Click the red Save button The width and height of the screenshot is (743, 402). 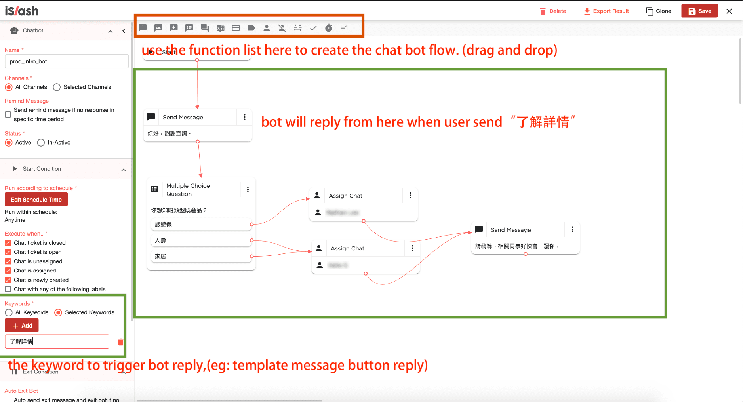(x=699, y=11)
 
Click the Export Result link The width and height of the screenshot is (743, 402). (x=606, y=11)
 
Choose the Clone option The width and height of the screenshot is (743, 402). (x=658, y=11)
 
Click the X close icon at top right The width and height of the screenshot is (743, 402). (x=729, y=11)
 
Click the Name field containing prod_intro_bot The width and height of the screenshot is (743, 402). (x=67, y=61)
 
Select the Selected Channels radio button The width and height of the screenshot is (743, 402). (x=57, y=87)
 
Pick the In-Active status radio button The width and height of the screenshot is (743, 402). (x=41, y=143)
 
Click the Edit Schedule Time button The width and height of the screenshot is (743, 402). (x=36, y=200)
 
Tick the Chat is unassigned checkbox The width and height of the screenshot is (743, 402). (x=8, y=261)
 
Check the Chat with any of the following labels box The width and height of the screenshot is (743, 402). (x=8, y=289)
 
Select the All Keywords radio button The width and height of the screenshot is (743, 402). (x=9, y=312)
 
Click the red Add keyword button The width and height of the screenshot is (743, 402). (x=22, y=326)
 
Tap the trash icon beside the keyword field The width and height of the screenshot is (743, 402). (x=121, y=342)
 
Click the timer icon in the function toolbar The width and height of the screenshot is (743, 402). (x=329, y=28)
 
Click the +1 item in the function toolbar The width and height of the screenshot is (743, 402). (x=344, y=28)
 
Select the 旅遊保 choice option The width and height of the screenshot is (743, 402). (x=200, y=224)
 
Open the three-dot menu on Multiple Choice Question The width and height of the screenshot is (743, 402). (x=248, y=190)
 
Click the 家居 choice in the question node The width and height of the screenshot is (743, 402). (x=200, y=257)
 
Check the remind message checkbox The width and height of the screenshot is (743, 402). (x=8, y=114)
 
